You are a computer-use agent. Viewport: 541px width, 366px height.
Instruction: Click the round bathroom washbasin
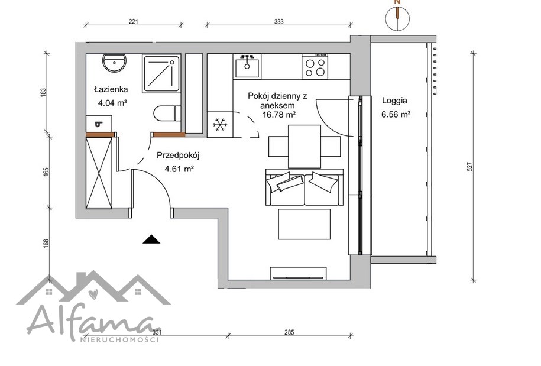115,63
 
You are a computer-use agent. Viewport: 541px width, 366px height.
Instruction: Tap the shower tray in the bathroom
161,74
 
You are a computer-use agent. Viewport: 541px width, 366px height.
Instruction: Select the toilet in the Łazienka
167,113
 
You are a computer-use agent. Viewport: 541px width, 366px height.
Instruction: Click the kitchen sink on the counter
247,66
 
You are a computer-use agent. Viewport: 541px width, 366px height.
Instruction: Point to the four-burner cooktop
315,67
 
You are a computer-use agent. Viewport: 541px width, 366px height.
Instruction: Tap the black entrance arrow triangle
151,239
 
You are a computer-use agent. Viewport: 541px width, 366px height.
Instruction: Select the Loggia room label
394,101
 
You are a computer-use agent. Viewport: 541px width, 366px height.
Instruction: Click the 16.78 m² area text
279,115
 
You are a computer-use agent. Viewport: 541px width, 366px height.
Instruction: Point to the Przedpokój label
178,156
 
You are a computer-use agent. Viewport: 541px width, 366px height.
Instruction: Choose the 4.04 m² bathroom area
113,103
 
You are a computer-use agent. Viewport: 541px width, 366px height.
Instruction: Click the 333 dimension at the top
279,21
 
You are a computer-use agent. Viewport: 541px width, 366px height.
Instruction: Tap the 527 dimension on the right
469,167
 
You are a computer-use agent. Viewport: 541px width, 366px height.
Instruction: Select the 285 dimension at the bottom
289,332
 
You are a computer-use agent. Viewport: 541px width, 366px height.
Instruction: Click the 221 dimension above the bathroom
134,21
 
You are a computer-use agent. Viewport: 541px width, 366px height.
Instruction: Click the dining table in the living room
304,147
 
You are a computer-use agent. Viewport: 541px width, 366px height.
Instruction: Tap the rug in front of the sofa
304,224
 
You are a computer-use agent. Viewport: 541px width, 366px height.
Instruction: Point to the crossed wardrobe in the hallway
99,173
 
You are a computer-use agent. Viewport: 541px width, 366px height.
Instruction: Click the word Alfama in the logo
93,321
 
